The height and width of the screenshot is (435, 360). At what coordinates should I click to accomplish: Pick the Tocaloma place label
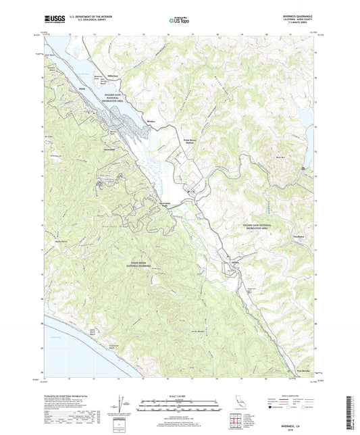(x=299, y=236)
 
